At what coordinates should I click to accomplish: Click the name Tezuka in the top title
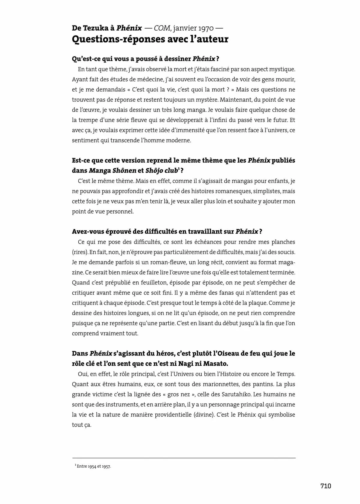tap(97, 28)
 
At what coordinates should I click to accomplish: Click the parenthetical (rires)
tap(79, 252)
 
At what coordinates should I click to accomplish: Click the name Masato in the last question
tap(215, 364)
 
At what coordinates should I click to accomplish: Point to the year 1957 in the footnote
tap(106, 466)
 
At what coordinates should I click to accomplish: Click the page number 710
tap(326, 486)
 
